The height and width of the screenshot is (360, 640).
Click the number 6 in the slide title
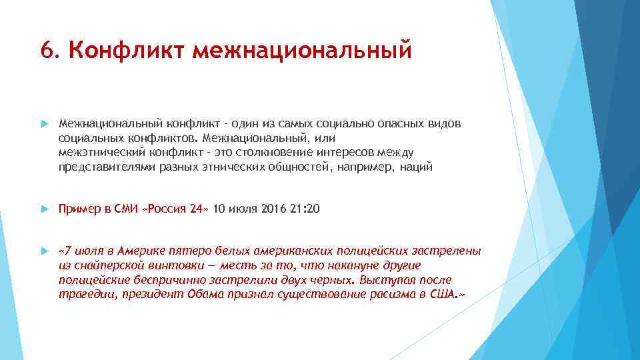46,51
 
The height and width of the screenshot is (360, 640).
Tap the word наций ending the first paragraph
416,167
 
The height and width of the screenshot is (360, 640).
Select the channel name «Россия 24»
175,209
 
